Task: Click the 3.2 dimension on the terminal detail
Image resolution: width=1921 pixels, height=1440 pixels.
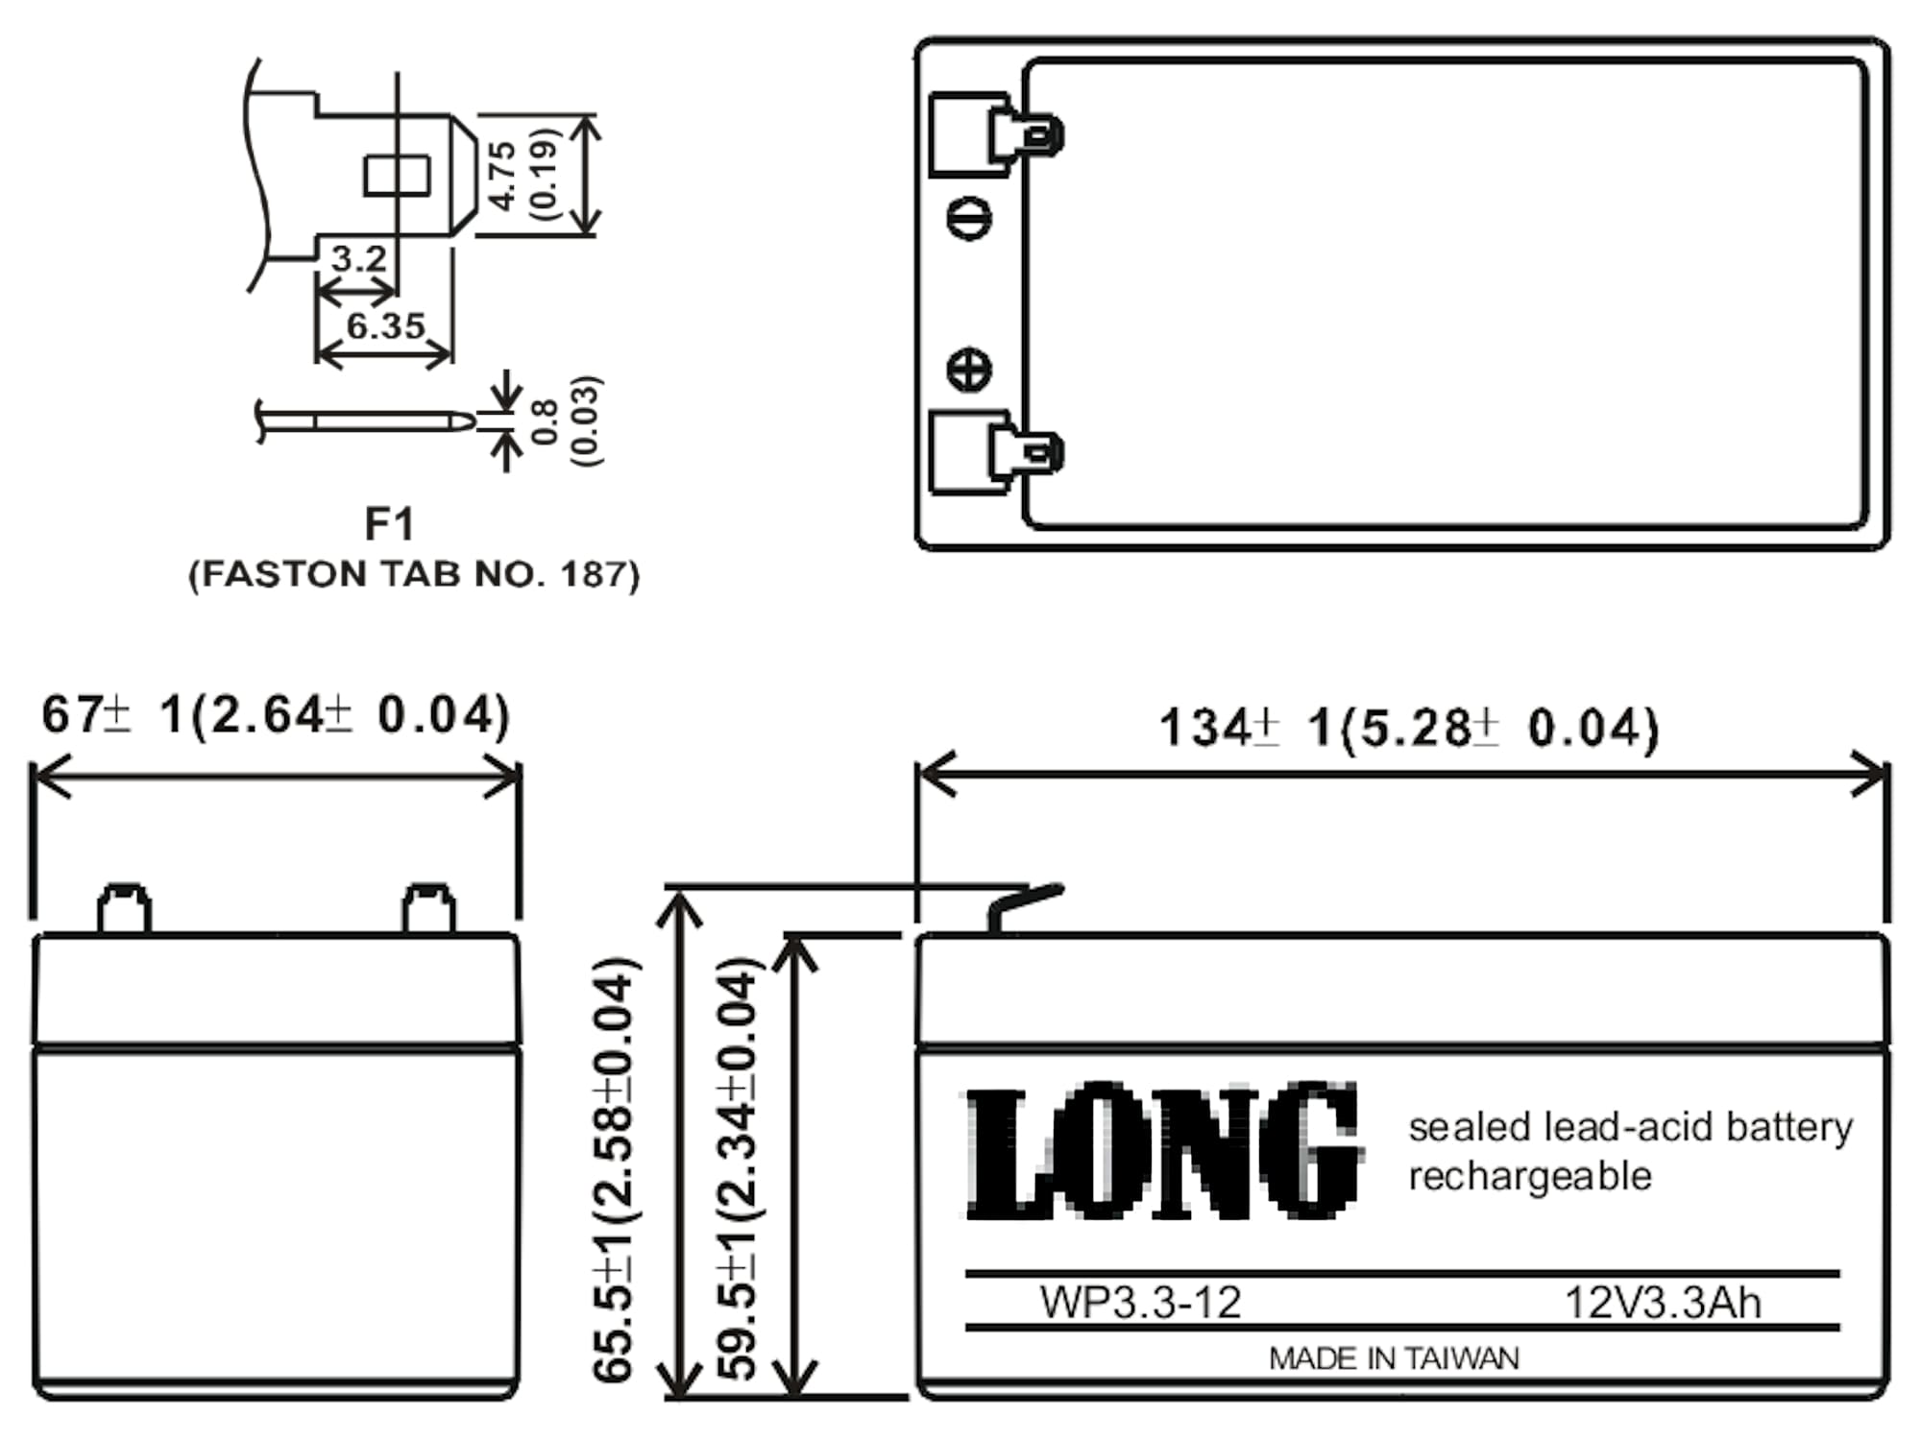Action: tap(358, 258)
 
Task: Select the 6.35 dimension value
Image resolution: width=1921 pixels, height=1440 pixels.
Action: tap(385, 326)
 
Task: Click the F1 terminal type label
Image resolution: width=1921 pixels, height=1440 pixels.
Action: tap(390, 524)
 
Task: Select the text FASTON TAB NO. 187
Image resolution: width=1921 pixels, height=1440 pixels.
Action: tap(414, 574)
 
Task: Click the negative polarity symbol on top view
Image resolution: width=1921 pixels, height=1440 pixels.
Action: tap(969, 219)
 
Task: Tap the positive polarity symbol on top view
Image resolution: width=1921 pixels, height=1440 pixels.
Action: tap(969, 371)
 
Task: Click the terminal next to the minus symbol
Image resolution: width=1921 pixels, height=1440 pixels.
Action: tap(997, 134)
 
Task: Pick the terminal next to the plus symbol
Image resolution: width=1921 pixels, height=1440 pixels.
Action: tap(997, 452)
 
